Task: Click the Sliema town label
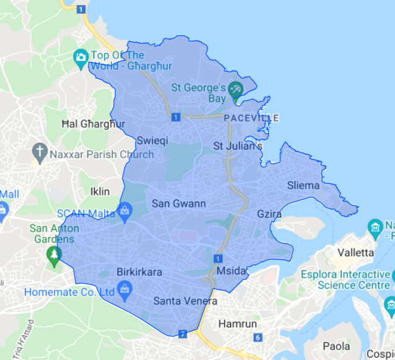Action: pos(303,186)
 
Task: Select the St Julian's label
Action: pos(238,147)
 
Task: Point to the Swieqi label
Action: pos(152,140)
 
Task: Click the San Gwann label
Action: pos(179,204)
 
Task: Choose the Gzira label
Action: pos(269,214)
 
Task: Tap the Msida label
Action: pos(232,271)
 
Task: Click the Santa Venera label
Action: pos(185,301)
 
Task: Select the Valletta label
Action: pos(356,252)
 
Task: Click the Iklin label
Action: pos(100,191)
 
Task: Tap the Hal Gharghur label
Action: pos(93,124)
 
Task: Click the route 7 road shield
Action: pos(183,334)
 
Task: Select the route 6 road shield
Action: pos(258,338)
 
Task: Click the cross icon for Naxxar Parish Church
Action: pos(40,150)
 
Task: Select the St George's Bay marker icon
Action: pos(236,90)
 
